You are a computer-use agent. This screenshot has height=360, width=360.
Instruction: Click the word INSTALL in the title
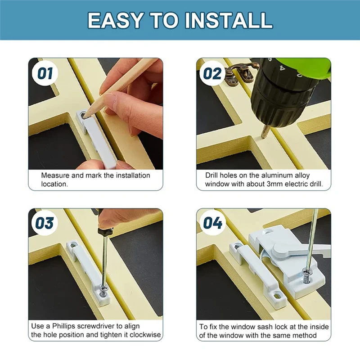tap(229, 20)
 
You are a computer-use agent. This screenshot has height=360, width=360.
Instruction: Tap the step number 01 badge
tap(45, 73)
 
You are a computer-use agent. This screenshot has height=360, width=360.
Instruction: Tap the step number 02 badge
tap(212, 73)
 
